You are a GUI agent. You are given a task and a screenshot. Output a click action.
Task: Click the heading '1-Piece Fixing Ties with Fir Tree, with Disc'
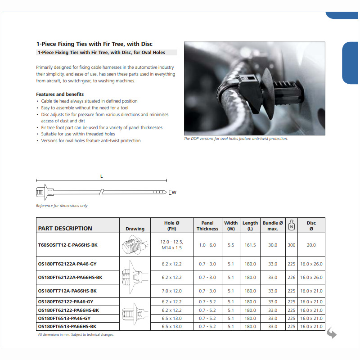(94, 44)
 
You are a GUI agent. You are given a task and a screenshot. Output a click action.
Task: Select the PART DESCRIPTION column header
(65, 228)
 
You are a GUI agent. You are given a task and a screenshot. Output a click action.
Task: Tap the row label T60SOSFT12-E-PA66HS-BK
(67, 245)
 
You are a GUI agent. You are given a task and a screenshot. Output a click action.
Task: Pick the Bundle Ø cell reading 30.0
(273, 245)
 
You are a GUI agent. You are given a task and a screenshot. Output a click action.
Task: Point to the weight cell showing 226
(292, 277)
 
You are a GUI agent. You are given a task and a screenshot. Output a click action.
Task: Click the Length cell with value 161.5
(250, 245)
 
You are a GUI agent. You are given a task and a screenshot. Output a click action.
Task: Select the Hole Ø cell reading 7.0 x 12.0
(172, 291)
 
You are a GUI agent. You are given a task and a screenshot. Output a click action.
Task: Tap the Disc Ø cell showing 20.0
(311, 245)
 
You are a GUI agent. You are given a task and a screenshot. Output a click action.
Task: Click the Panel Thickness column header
(207, 225)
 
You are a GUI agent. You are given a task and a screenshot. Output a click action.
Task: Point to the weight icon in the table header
(292, 225)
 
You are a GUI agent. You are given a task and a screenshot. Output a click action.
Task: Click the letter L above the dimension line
(102, 176)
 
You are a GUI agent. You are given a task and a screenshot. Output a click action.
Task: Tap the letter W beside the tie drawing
(174, 193)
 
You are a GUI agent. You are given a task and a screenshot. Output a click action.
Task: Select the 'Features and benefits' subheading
(60, 94)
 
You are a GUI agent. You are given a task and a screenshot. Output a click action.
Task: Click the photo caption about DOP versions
(236, 139)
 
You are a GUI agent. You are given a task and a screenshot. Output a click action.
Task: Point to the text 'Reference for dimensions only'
(62, 206)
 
